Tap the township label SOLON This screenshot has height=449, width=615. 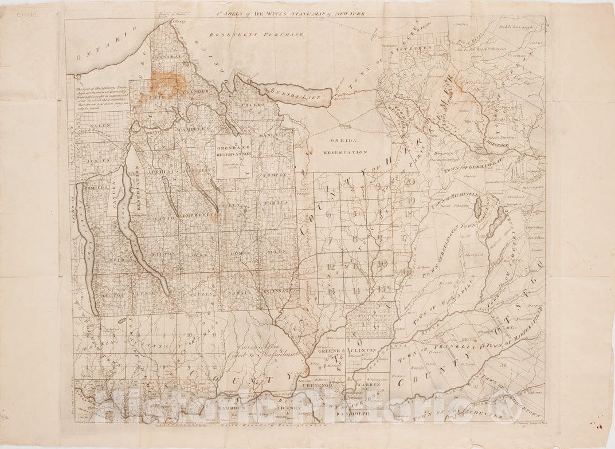(x=276, y=253)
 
